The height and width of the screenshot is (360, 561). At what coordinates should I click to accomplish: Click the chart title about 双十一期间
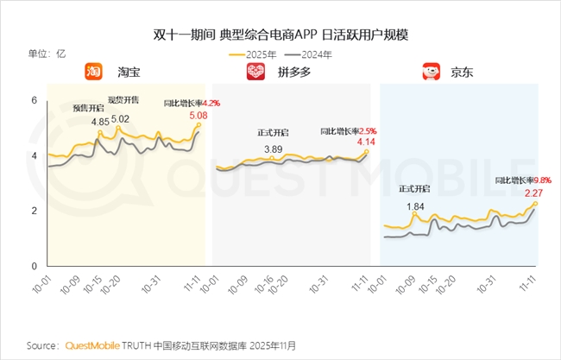point(280,35)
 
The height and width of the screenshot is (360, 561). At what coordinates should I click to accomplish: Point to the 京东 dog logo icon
point(431,73)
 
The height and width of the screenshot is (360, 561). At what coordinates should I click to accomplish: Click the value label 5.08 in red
point(198,115)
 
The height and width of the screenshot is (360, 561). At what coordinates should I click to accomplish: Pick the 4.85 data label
point(100,123)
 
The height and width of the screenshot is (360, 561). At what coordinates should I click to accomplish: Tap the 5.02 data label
point(120,119)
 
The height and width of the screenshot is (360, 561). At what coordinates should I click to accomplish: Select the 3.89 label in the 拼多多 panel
point(274,149)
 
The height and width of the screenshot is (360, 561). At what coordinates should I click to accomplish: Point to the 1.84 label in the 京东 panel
point(416,205)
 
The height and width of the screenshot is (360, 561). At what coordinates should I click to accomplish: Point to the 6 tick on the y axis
point(35,101)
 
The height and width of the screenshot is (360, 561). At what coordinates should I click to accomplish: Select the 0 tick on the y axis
point(35,266)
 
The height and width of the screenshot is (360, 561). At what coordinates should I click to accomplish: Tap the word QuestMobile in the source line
point(95,345)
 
